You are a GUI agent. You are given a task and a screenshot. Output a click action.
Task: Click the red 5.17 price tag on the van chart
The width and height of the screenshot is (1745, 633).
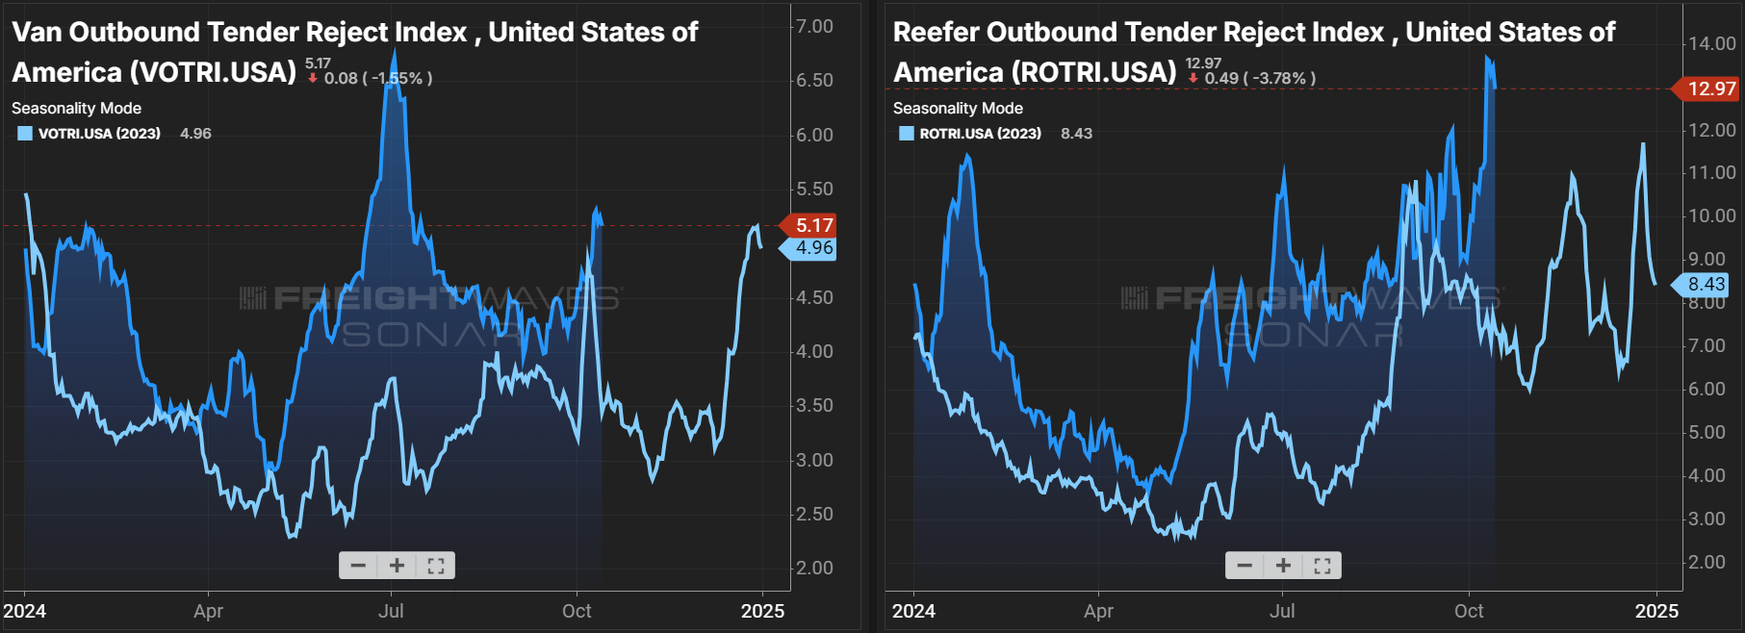click(813, 225)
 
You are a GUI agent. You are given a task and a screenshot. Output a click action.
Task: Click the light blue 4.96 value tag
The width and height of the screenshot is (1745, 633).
click(813, 248)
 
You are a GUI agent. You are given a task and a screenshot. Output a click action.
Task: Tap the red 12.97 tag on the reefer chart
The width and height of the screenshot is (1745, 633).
click(1710, 89)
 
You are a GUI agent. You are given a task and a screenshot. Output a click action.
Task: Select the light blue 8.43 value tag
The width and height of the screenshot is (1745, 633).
click(1706, 284)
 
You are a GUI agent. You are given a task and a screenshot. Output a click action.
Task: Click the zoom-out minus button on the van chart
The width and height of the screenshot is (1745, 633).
click(358, 566)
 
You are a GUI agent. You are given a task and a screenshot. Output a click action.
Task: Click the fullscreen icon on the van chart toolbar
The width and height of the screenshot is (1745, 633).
click(436, 566)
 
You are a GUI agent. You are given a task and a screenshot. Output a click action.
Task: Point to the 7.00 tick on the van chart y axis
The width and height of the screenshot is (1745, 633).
click(814, 26)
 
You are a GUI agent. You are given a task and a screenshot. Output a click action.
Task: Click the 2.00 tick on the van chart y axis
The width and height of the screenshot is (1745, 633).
click(814, 568)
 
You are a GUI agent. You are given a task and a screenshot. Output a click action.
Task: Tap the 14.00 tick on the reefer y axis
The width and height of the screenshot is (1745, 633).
click(1711, 43)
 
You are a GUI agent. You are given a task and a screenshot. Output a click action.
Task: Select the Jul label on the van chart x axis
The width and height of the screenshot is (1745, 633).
click(391, 611)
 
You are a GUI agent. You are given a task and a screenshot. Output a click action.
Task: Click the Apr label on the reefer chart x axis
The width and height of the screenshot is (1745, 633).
click(1098, 611)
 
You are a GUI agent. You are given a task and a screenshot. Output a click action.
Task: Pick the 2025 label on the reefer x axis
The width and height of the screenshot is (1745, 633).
click(1656, 611)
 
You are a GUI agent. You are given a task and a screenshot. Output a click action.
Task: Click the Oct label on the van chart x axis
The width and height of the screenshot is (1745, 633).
click(577, 611)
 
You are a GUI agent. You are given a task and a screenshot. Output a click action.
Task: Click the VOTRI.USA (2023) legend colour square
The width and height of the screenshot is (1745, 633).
click(25, 134)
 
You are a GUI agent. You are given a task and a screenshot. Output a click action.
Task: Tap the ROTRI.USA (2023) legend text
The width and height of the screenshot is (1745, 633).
click(980, 134)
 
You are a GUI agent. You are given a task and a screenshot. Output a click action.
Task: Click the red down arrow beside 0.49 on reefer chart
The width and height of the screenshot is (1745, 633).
click(1193, 78)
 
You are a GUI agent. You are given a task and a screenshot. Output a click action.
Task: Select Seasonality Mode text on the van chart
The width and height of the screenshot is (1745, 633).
click(76, 108)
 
